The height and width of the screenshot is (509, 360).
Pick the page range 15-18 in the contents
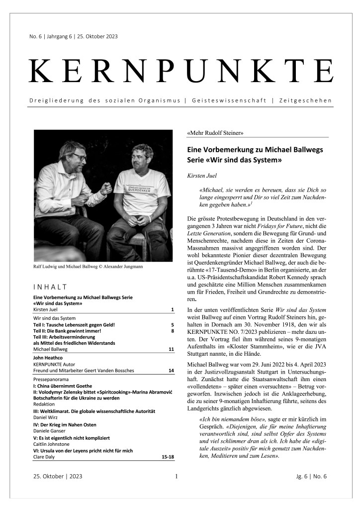168,456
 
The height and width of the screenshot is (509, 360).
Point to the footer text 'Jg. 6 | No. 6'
311,476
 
